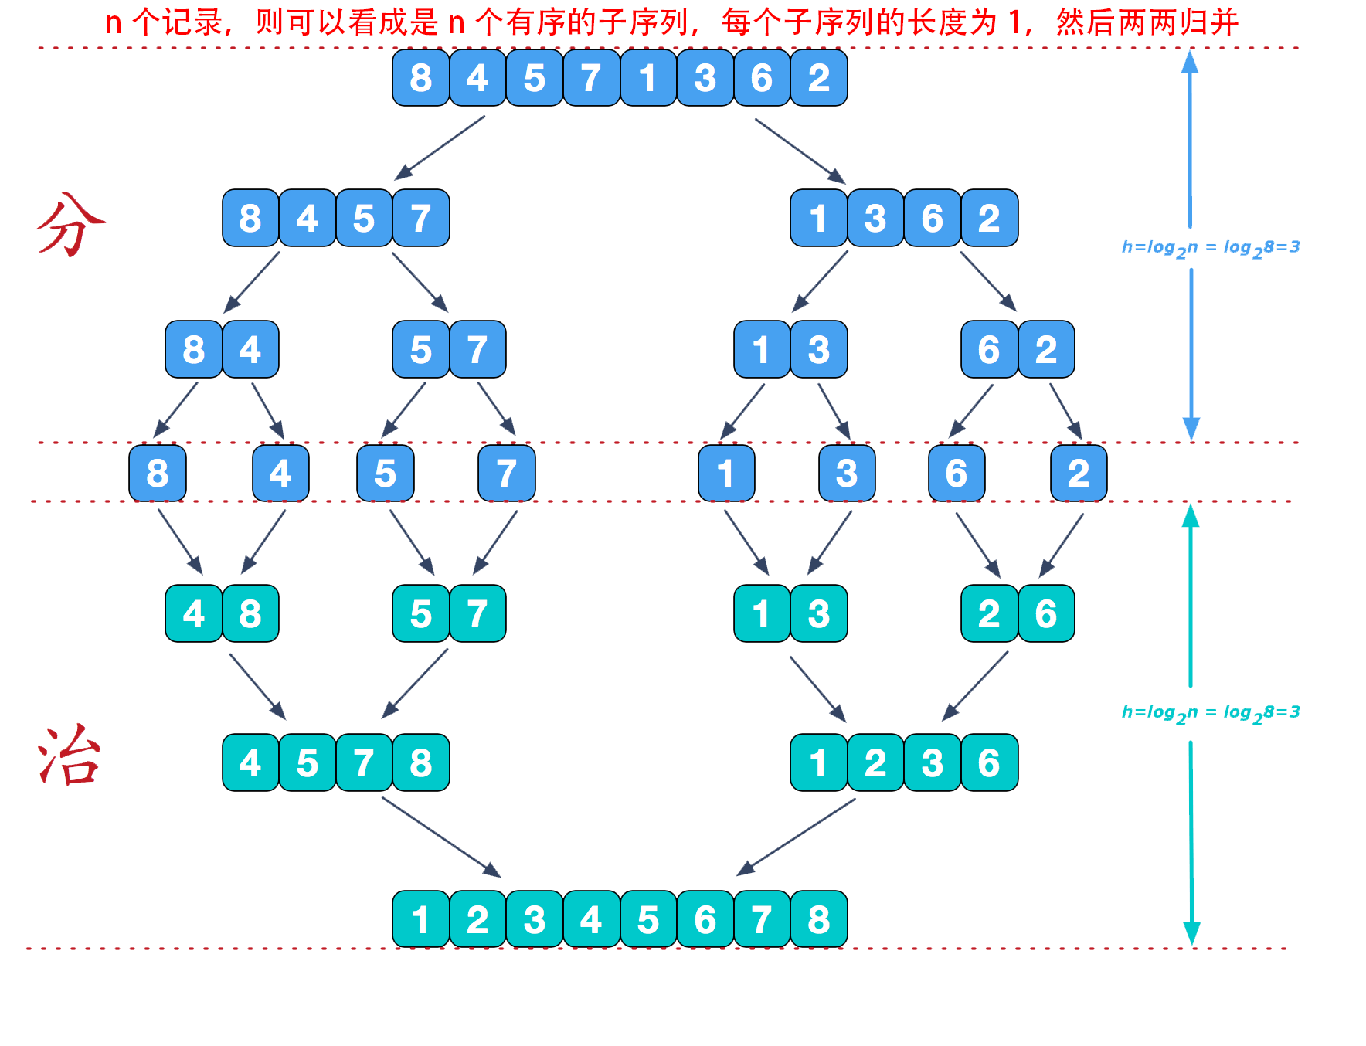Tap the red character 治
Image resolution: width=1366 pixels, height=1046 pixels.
click(70, 757)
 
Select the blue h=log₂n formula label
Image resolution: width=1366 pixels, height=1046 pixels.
click(1210, 248)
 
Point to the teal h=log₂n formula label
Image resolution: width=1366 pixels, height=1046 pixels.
click(1210, 713)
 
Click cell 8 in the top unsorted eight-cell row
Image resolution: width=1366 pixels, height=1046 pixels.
click(420, 78)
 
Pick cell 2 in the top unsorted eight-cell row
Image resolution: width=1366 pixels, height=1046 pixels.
click(819, 78)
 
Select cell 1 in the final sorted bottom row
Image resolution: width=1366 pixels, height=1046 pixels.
click(420, 919)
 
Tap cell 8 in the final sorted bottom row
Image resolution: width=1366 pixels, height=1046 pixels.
click(819, 919)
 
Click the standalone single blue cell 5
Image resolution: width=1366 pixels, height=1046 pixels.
click(385, 473)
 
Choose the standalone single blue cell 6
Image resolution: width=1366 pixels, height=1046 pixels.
click(957, 473)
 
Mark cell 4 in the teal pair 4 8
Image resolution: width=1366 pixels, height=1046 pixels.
click(193, 614)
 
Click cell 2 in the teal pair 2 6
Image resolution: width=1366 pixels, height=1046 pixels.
click(989, 614)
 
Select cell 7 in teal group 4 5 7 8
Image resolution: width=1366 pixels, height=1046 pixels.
click(364, 763)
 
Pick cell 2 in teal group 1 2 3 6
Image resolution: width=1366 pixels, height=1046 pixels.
click(875, 763)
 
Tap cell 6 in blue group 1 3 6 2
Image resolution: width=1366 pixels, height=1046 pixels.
click(933, 219)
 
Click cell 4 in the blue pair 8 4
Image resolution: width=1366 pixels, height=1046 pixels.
click(250, 350)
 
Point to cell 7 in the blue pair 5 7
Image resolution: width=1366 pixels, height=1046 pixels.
click(477, 350)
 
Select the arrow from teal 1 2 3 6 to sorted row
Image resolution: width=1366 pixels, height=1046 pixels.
click(796, 837)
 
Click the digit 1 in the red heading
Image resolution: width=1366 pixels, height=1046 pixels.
click(1015, 22)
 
